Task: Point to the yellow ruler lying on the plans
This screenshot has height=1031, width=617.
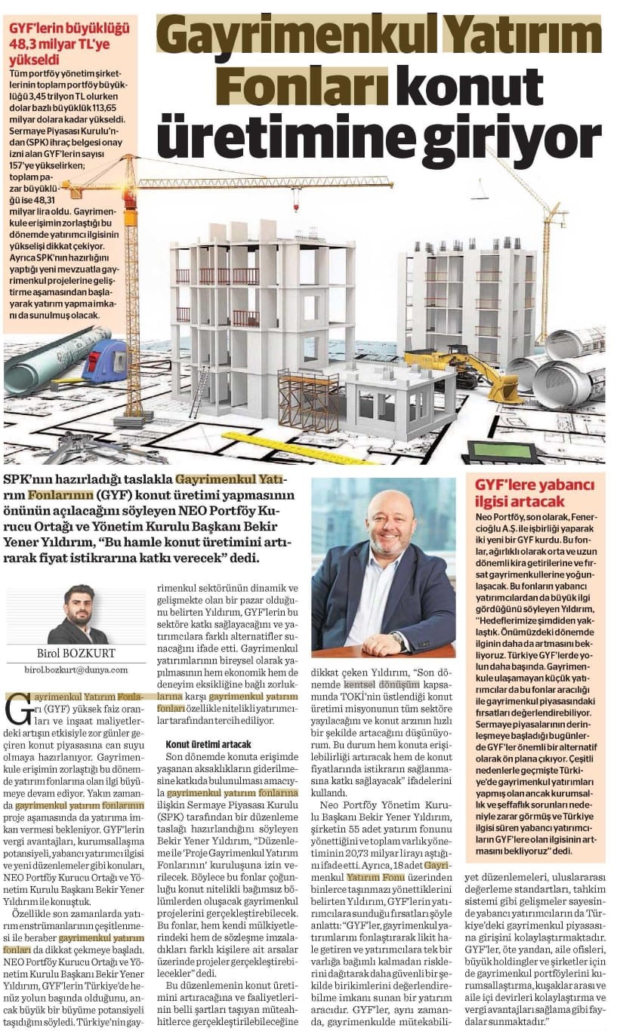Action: coord(294,448)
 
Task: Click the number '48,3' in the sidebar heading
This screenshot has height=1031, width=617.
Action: coord(25,45)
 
